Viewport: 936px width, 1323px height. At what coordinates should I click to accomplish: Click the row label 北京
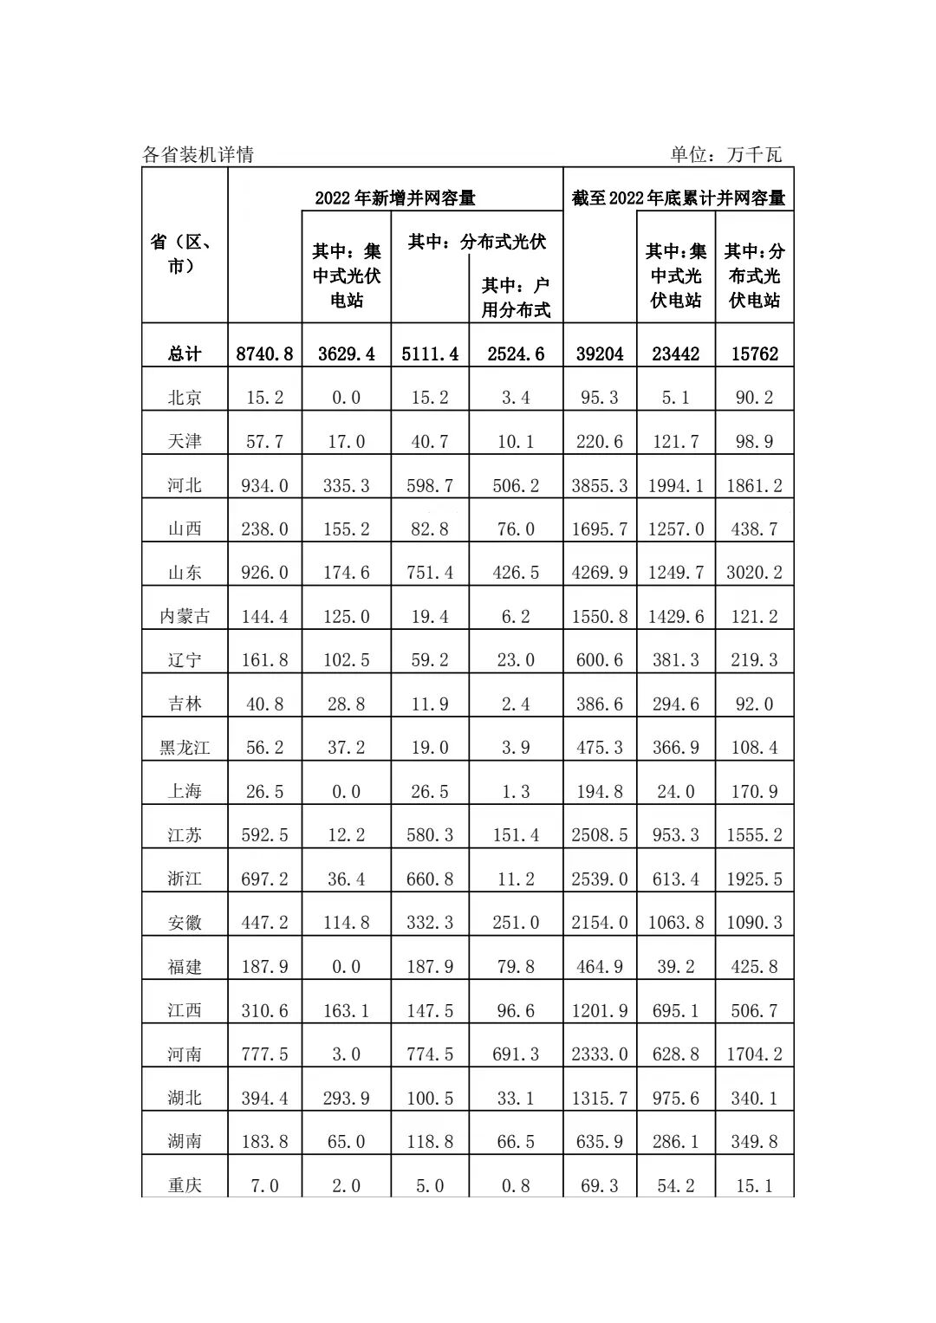(x=185, y=398)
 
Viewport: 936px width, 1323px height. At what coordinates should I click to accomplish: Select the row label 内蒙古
(x=185, y=616)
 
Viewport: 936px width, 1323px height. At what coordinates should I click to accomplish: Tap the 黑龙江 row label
(x=185, y=748)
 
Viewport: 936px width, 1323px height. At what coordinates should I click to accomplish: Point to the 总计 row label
(x=185, y=353)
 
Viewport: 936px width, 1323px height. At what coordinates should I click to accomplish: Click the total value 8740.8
(x=264, y=353)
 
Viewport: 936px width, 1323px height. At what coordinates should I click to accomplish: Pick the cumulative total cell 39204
(x=600, y=353)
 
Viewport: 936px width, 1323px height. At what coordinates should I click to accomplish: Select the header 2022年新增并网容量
(x=395, y=198)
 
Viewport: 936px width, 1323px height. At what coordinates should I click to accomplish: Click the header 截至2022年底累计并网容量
(x=678, y=198)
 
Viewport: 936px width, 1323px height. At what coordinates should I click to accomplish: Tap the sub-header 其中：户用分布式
(x=516, y=297)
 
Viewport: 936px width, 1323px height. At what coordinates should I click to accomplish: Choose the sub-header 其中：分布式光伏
(x=477, y=242)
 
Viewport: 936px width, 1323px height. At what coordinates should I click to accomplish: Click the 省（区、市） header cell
(x=185, y=253)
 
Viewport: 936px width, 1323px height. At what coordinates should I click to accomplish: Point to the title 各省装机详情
(x=198, y=154)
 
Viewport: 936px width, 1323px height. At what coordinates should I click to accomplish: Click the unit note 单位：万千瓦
(x=725, y=154)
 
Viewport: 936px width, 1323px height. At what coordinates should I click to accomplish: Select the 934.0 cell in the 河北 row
(x=264, y=485)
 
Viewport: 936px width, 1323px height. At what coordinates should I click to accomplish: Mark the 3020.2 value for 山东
(x=754, y=573)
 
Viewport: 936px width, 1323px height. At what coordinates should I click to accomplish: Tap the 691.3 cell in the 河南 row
(x=516, y=1054)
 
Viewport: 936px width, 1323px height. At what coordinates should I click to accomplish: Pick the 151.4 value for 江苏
(x=516, y=835)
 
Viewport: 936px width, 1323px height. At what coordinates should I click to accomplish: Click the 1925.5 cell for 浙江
(x=754, y=879)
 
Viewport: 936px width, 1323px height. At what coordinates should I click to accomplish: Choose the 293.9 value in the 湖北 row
(x=347, y=1098)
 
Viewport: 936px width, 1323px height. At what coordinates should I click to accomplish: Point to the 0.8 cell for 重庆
(x=516, y=1185)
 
